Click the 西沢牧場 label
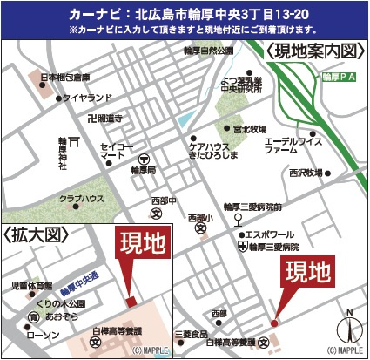(305, 173)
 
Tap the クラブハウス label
(84, 199)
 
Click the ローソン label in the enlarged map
(42, 335)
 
